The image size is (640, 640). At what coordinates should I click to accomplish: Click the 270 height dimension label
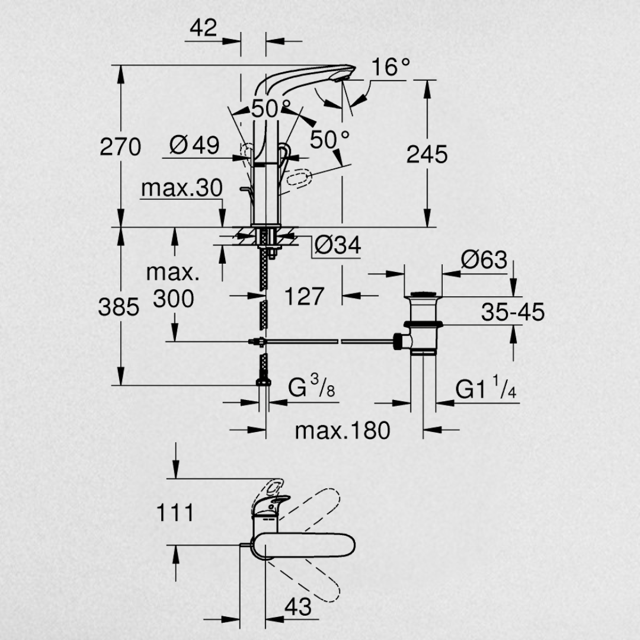pyautogui.click(x=120, y=147)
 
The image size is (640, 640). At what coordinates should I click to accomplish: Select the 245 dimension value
pyautogui.click(x=427, y=154)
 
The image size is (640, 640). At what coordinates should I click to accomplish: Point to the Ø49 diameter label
pyautogui.click(x=194, y=145)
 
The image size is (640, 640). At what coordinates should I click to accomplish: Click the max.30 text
pyautogui.click(x=182, y=188)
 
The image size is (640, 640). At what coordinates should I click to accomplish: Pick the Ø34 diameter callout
pyautogui.click(x=338, y=245)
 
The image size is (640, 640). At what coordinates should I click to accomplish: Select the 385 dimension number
pyautogui.click(x=119, y=307)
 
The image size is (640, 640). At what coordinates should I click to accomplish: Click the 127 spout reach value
pyautogui.click(x=304, y=296)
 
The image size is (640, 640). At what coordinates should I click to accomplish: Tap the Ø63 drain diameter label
pyautogui.click(x=484, y=260)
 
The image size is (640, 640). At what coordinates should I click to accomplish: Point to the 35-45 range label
pyautogui.click(x=513, y=312)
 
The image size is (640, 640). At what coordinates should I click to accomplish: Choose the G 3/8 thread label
pyautogui.click(x=312, y=387)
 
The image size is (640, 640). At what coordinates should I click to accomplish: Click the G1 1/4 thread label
pyautogui.click(x=486, y=388)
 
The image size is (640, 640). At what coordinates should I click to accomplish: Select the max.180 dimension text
pyautogui.click(x=343, y=431)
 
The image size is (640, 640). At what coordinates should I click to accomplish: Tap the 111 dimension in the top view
pyautogui.click(x=175, y=513)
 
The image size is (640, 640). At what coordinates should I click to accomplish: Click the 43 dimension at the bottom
pyautogui.click(x=298, y=607)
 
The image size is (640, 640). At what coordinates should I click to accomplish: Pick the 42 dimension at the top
pyautogui.click(x=203, y=28)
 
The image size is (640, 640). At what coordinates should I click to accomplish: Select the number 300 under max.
pyautogui.click(x=174, y=299)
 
